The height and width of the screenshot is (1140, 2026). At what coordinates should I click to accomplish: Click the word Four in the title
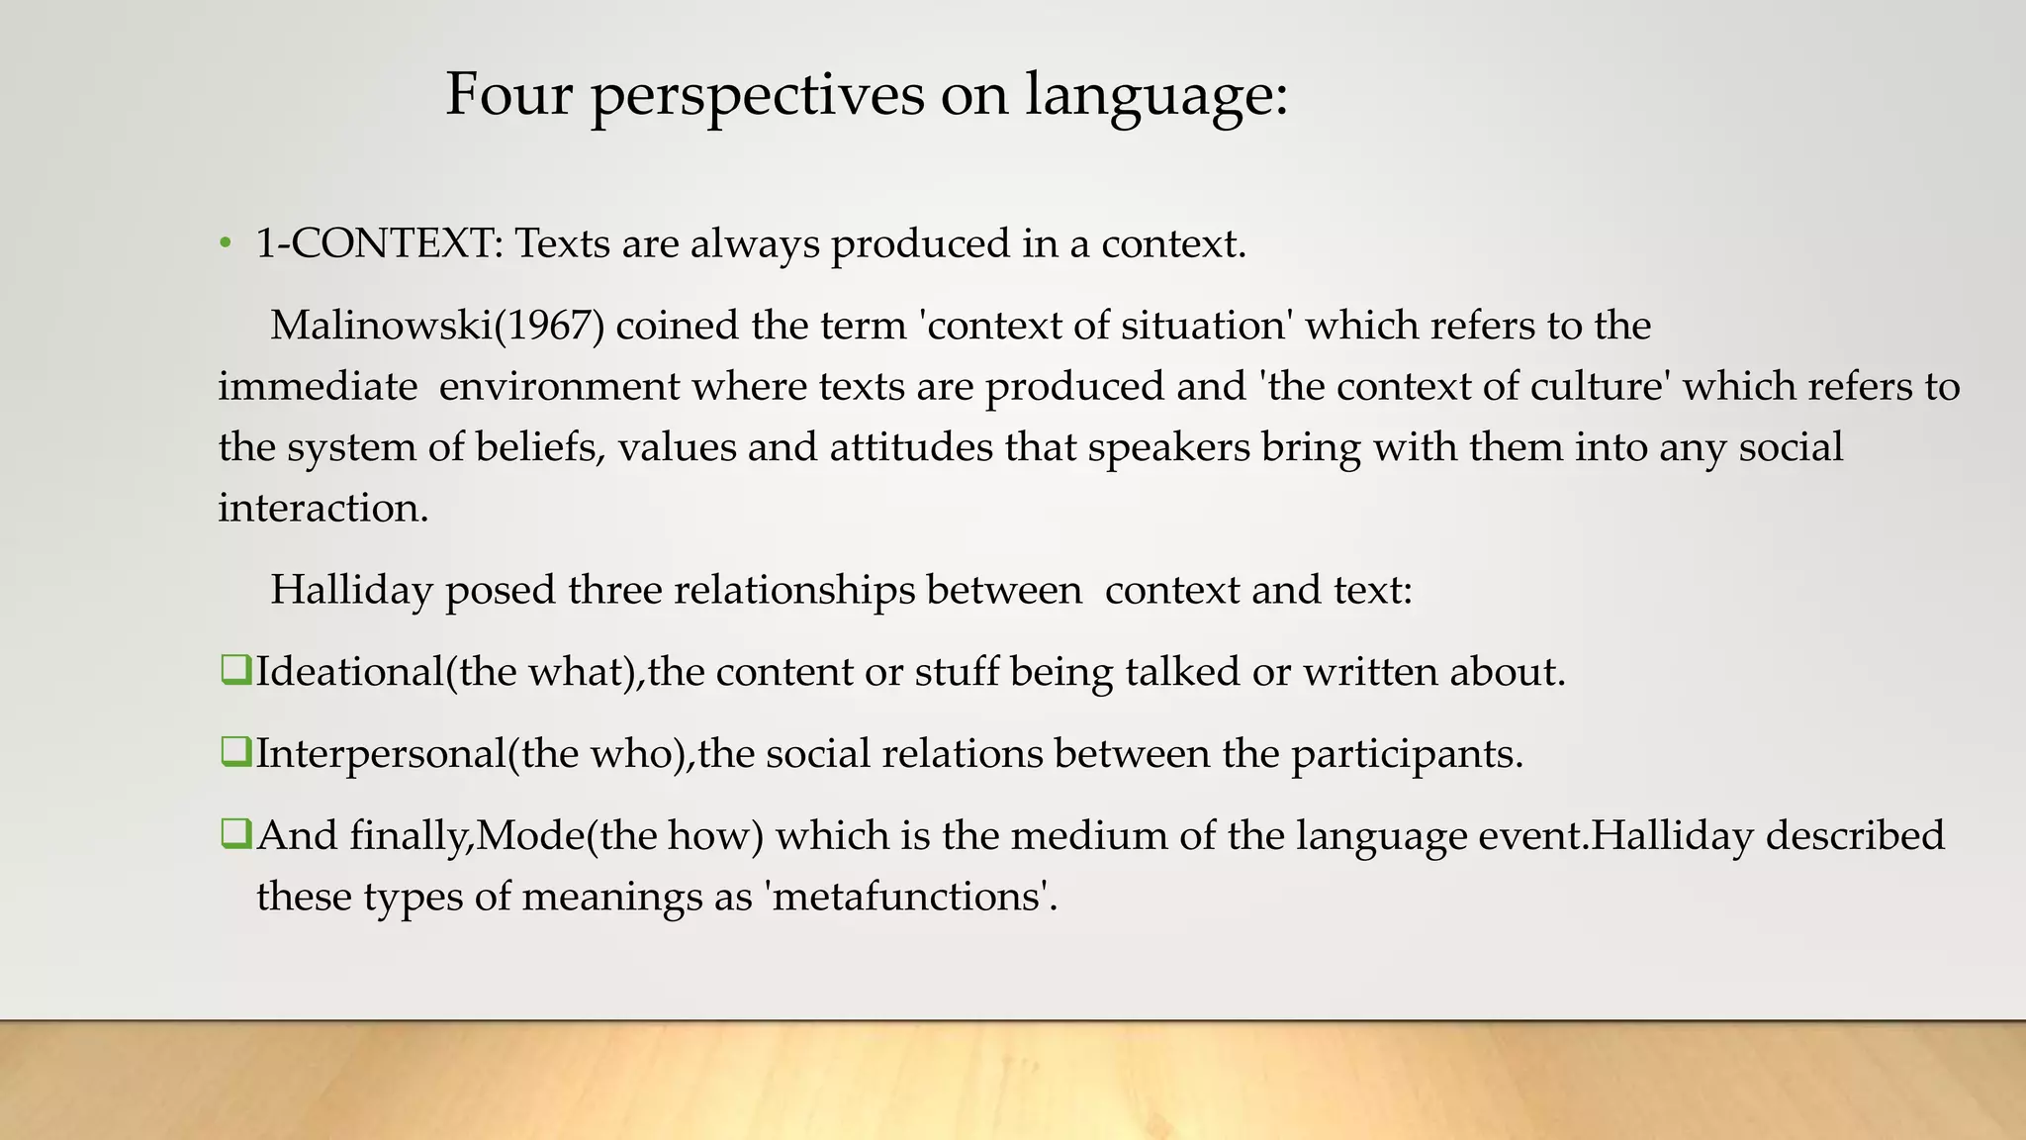point(508,95)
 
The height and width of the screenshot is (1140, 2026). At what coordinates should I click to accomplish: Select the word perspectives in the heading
point(757,97)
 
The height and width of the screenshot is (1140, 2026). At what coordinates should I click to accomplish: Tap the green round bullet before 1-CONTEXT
point(226,243)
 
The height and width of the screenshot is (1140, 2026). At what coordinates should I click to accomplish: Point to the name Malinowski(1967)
point(436,326)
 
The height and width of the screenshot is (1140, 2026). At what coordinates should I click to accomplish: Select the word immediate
point(317,386)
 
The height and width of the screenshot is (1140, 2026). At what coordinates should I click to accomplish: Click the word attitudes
point(911,446)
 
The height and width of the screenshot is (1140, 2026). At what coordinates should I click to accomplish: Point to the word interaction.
point(322,508)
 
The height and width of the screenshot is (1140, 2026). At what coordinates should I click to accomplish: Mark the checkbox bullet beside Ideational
point(235,670)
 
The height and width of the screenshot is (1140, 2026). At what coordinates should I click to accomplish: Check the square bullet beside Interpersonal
point(235,752)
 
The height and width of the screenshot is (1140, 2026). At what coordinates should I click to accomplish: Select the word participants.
point(1406,754)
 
